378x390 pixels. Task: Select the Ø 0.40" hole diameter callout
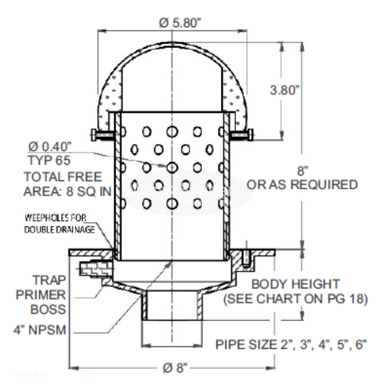click(47, 148)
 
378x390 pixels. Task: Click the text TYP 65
click(44, 162)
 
